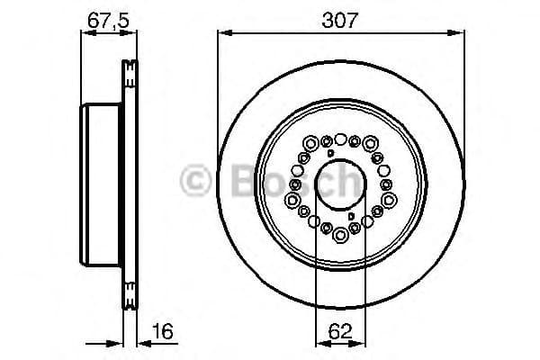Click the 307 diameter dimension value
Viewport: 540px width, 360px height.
tap(341, 16)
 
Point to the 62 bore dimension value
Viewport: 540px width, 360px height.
tap(341, 332)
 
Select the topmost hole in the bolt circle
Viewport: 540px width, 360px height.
tap(341, 137)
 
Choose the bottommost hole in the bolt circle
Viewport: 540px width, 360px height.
tap(341, 235)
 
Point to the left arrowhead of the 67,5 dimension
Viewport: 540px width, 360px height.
tap(85, 33)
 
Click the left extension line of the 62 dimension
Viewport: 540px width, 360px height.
tap(316, 270)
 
